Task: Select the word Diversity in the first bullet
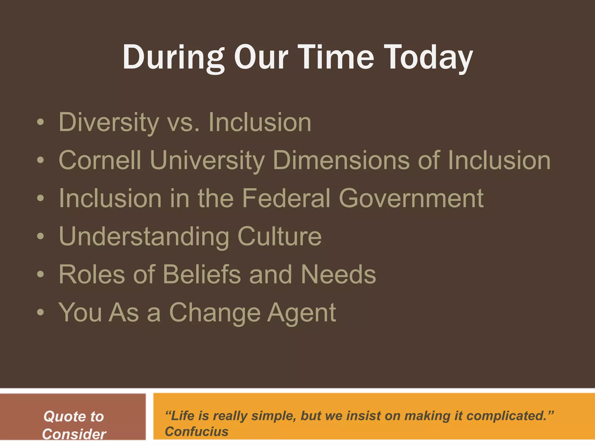pyautogui.click(x=109, y=123)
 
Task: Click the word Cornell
pyautogui.click(x=100, y=160)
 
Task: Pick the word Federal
pyautogui.click(x=286, y=198)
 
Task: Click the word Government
pyautogui.click(x=411, y=198)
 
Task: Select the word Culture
pyautogui.click(x=279, y=237)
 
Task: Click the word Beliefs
pyautogui.click(x=202, y=275)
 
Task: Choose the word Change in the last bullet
pyautogui.click(x=215, y=313)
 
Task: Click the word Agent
pyautogui.click(x=302, y=313)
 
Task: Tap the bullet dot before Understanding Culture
pyautogui.click(x=41, y=237)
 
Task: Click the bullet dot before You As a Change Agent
pyautogui.click(x=41, y=313)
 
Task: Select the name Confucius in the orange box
pyautogui.click(x=196, y=431)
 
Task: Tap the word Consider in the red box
pyautogui.click(x=74, y=434)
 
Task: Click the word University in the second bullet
pyautogui.click(x=207, y=160)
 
